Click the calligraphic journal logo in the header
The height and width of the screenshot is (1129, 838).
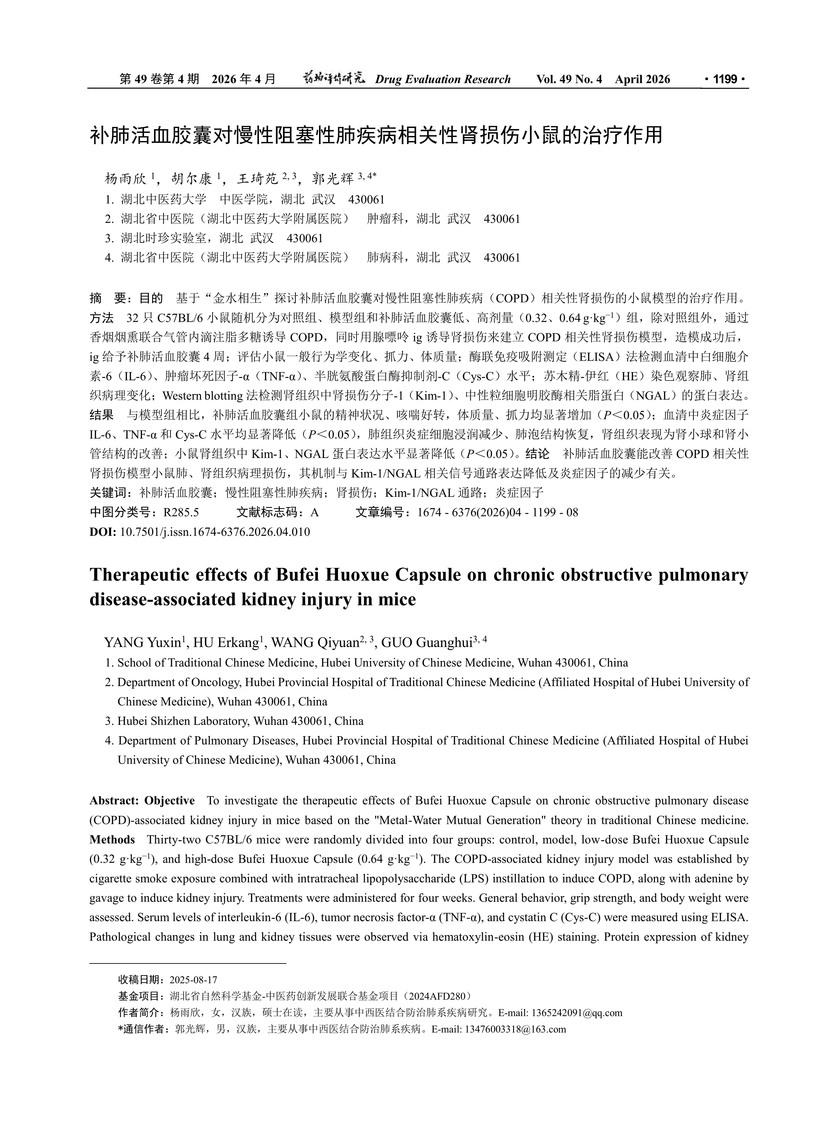point(334,79)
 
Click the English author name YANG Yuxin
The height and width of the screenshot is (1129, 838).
point(142,643)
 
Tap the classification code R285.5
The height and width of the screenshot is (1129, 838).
point(181,513)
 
